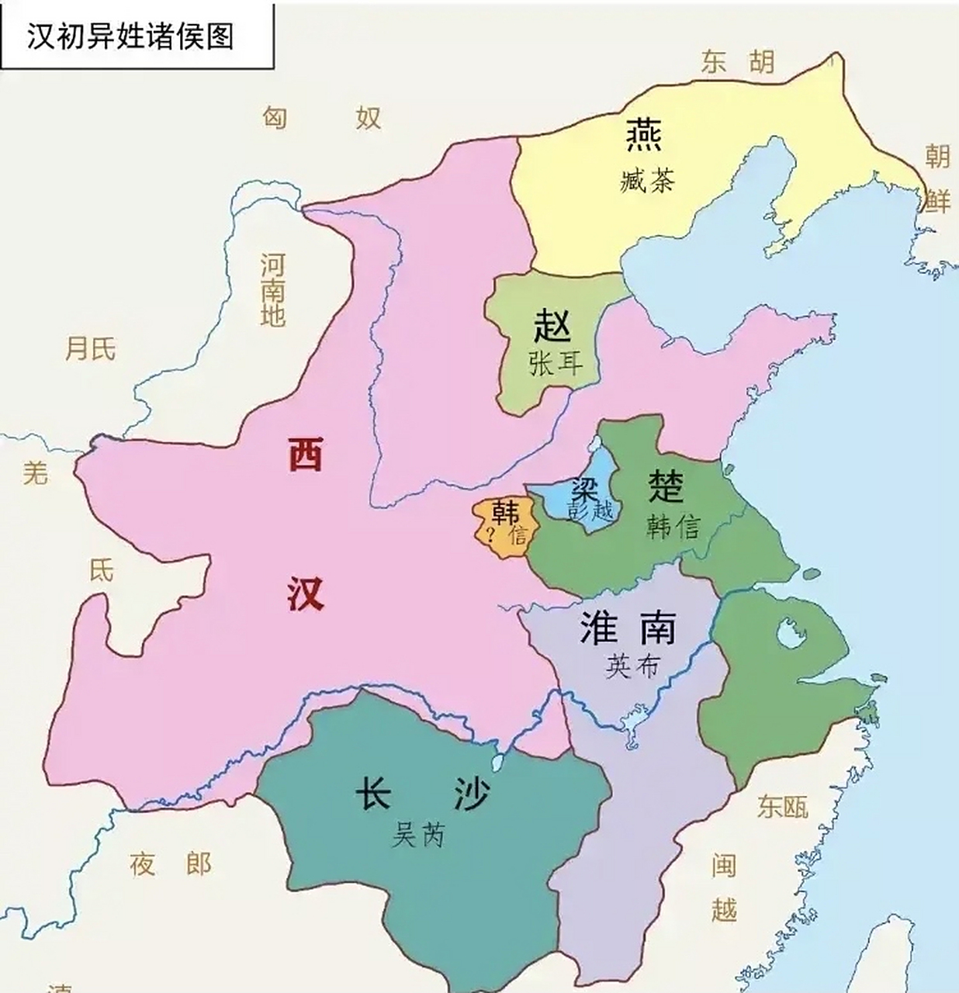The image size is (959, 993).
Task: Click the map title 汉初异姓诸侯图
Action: (x=130, y=36)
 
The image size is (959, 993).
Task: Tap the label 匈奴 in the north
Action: (x=321, y=118)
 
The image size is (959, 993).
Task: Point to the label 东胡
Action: (x=737, y=62)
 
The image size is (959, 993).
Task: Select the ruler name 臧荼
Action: (x=648, y=182)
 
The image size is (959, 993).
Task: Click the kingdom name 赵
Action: (x=552, y=326)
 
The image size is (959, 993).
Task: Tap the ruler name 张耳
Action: (x=555, y=363)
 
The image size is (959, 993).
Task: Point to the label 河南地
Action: (x=272, y=290)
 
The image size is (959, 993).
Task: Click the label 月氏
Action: (x=90, y=349)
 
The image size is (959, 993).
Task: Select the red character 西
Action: (x=305, y=455)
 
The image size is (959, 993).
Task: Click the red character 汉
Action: (x=305, y=594)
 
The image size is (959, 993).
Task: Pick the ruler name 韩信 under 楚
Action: (x=673, y=528)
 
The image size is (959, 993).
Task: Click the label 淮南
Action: (x=628, y=628)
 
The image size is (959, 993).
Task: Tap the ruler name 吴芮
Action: (x=418, y=835)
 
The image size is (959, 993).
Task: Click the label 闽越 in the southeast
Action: (x=723, y=887)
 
